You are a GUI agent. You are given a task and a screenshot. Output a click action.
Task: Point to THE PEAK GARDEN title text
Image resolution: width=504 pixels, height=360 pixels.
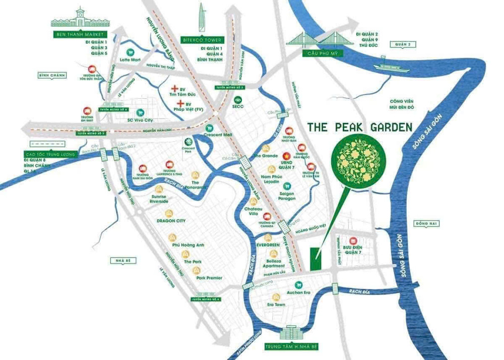coord(360,128)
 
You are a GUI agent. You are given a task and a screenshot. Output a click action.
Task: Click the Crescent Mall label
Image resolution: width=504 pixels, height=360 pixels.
coord(218,135)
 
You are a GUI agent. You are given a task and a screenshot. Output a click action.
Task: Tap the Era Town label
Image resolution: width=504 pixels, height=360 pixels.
coord(276,305)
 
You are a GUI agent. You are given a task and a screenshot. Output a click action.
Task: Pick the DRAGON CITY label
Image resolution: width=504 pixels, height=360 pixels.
coord(171,221)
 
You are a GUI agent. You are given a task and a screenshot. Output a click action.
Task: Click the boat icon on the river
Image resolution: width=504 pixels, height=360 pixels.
coord(387,66)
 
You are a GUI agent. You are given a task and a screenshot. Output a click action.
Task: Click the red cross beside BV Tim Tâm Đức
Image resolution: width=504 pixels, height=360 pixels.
coord(175,87)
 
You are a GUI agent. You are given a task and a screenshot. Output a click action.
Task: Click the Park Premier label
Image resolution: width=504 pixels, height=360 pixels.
coord(209,277)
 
